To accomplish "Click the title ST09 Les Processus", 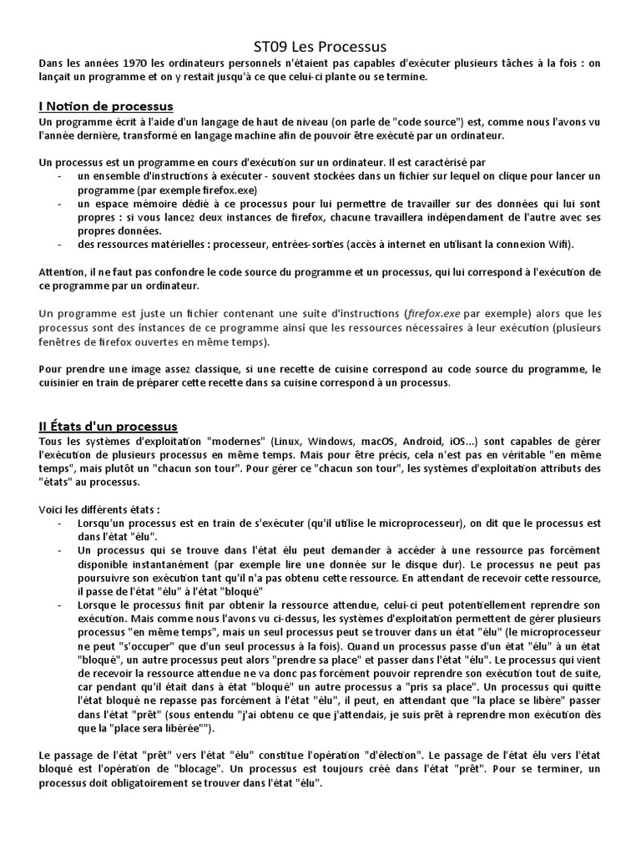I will tap(320, 47).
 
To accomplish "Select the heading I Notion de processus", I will tap(106, 106).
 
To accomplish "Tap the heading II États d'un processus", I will tap(108, 426).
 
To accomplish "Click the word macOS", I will tap(384, 440).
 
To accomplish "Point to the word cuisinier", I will tap(63, 382).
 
